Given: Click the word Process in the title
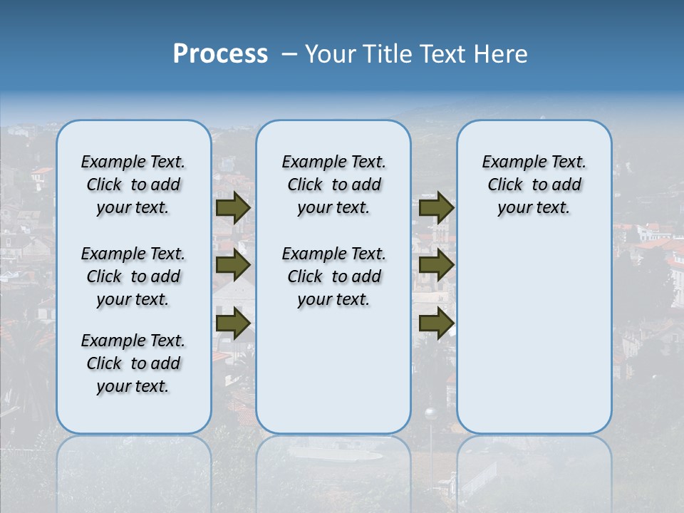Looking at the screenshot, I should [x=220, y=54].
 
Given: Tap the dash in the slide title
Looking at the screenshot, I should [x=289, y=54].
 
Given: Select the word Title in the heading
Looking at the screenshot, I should [x=389, y=54].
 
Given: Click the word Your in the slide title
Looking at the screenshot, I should [x=331, y=54].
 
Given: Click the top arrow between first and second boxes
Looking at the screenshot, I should [x=233, y=208].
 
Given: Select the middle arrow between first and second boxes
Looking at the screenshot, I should [x=233, y=266].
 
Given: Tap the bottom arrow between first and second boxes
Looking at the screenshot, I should [x=233, y=323].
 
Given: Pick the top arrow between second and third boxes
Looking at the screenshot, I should [x=436, y=208].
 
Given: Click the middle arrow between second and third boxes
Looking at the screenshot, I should [x=436, y=266].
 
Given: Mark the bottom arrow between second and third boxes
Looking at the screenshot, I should [x=436, y=323].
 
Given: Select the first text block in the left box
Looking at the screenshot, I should [x=133, y=185].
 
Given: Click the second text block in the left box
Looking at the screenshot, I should [x=133, y=276].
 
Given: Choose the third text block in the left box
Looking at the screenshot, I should [x=133, y=363].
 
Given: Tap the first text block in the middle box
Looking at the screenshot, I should [x=333, y=185].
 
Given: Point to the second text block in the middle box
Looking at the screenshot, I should [x=333, y=276].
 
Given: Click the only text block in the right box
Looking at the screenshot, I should [x=534, y=185].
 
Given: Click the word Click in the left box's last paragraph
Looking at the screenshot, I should [x=104, y=363].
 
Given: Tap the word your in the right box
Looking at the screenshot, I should [x=513, y=208].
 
